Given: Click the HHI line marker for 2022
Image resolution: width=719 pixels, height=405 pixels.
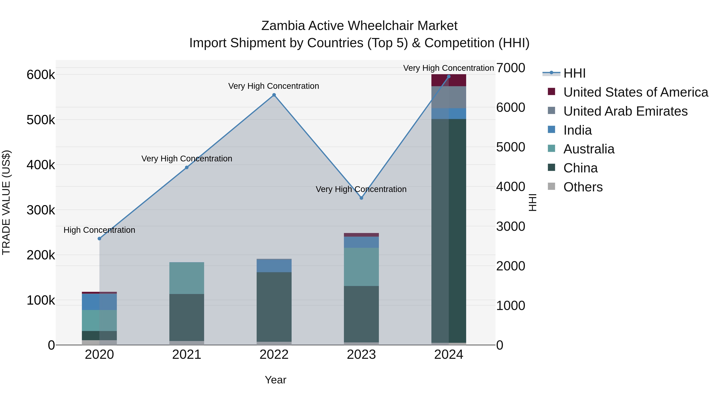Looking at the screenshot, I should point(274,95).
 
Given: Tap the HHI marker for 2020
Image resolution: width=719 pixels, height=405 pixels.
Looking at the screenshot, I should point(99,238).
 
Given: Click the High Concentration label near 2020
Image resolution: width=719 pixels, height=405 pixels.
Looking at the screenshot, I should point(99,230).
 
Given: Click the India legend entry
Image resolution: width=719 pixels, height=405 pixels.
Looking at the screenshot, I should point(577,130).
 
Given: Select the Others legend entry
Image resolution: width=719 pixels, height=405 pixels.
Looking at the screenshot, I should point(583,187).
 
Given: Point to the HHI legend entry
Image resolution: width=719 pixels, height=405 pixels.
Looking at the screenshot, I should point(574,73).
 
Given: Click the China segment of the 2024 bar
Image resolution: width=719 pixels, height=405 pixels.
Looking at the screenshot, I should point(449,231).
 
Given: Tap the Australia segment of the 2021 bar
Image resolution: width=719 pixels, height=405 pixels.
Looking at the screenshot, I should point(187,278).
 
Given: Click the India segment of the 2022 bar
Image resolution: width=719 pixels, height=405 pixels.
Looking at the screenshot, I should point(274,266).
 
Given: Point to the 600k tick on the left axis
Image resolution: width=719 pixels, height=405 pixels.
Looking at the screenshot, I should point(41,75).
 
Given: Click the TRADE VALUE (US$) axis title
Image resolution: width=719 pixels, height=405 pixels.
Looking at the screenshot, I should point(6,202).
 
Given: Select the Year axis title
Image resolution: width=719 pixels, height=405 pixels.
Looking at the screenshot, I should point(275,380).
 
